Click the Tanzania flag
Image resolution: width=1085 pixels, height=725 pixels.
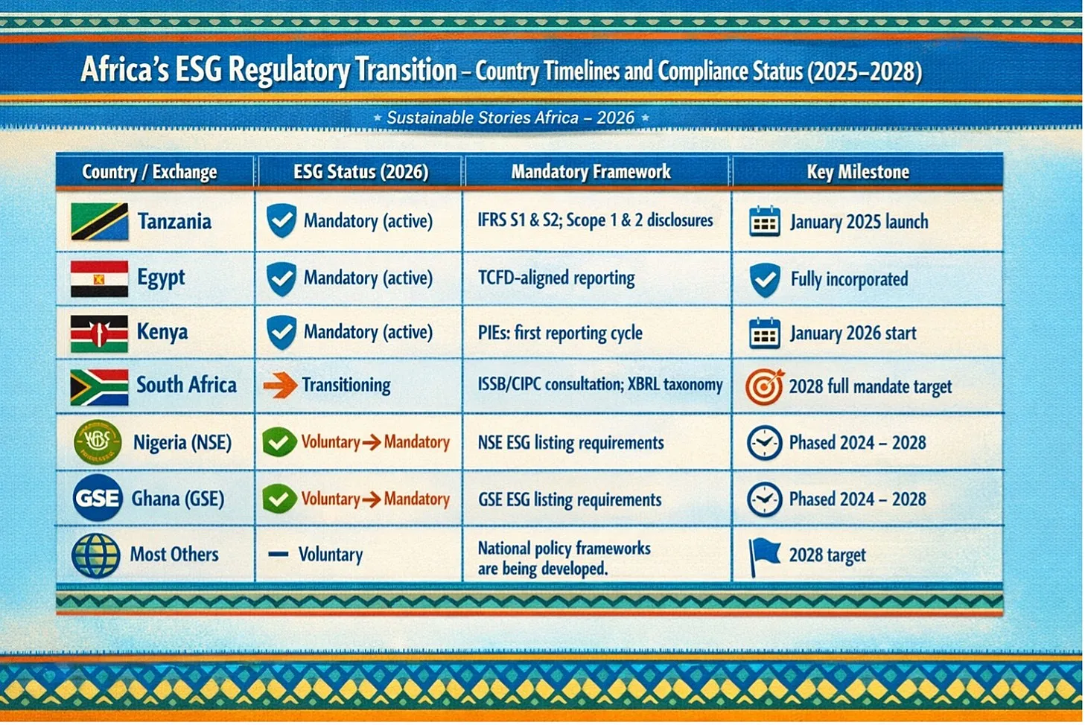(99, 222)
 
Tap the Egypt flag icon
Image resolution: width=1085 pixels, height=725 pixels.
(99, 278)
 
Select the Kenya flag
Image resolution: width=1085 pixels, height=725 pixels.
(99, 333)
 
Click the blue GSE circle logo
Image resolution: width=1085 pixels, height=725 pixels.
(98, 498)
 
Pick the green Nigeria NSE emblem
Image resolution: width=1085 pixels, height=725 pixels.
(98, 442)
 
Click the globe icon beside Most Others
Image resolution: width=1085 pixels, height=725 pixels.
(96, 555)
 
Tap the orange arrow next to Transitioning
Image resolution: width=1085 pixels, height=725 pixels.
(281, 386)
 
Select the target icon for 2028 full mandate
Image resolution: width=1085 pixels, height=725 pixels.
(765, 387)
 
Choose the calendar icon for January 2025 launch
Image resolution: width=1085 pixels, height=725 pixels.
(765, 222)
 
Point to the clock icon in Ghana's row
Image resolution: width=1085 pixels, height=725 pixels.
(764, 499)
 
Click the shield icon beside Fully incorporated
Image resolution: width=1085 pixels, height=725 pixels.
(765, 280)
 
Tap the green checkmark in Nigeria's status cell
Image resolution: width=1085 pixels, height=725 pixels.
(279, 442)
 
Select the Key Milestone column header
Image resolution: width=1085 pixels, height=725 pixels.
(858, 172)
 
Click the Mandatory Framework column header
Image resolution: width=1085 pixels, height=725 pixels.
(591, 171)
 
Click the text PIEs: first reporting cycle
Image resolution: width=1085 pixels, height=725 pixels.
(561, 333)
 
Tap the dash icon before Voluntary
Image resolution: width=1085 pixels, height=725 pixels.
(279, 554)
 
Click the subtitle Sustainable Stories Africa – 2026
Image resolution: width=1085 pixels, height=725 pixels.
(511, 118)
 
